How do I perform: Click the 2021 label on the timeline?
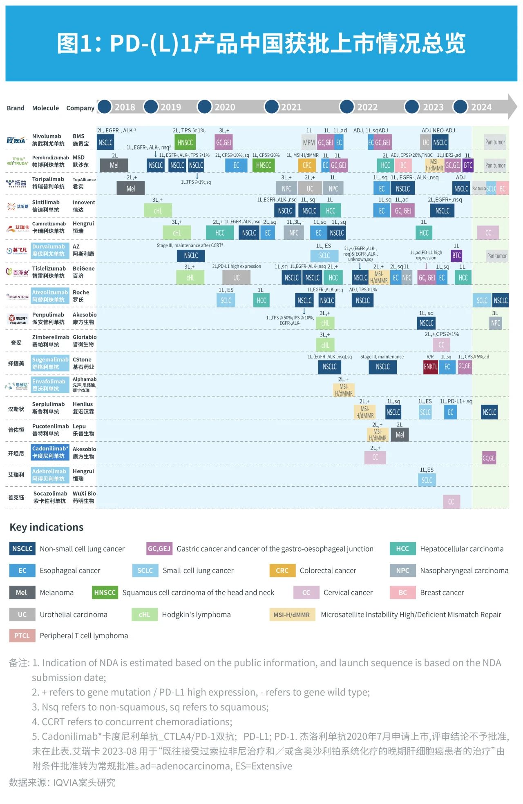click(x=291, y=107)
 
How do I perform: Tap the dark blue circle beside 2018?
click(x=105, y=107)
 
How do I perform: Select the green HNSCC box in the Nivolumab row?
click(x=185, y=143)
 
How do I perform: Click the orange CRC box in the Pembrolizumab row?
click(x=307, y=165)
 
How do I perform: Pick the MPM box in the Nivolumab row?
click(x=308, y=143)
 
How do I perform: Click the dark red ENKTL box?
click(x=430, y=367)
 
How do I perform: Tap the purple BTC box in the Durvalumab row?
click(x=456, y=256)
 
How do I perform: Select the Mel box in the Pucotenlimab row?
click(x=400, y=435)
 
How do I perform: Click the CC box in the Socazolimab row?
click(x=451, y=502)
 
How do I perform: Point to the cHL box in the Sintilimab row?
click(x=158, y=211)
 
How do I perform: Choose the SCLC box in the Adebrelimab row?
click(x=427, y=480)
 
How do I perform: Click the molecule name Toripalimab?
click(x=48, y=179)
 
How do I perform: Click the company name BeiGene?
click(x=83, y=269)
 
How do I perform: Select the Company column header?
click(x=80, y=108)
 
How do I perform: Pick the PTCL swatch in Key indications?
click(x=22, y=636)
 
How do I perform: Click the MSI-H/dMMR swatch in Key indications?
click(x=292, y=615)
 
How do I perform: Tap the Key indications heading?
click(x=47, y=527)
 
